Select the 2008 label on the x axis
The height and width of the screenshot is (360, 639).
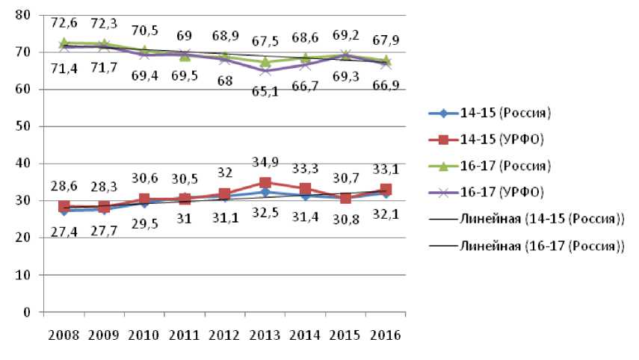(64, 333)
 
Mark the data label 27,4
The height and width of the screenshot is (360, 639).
(64, 233)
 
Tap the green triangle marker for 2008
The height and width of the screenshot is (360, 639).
(64, 43)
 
